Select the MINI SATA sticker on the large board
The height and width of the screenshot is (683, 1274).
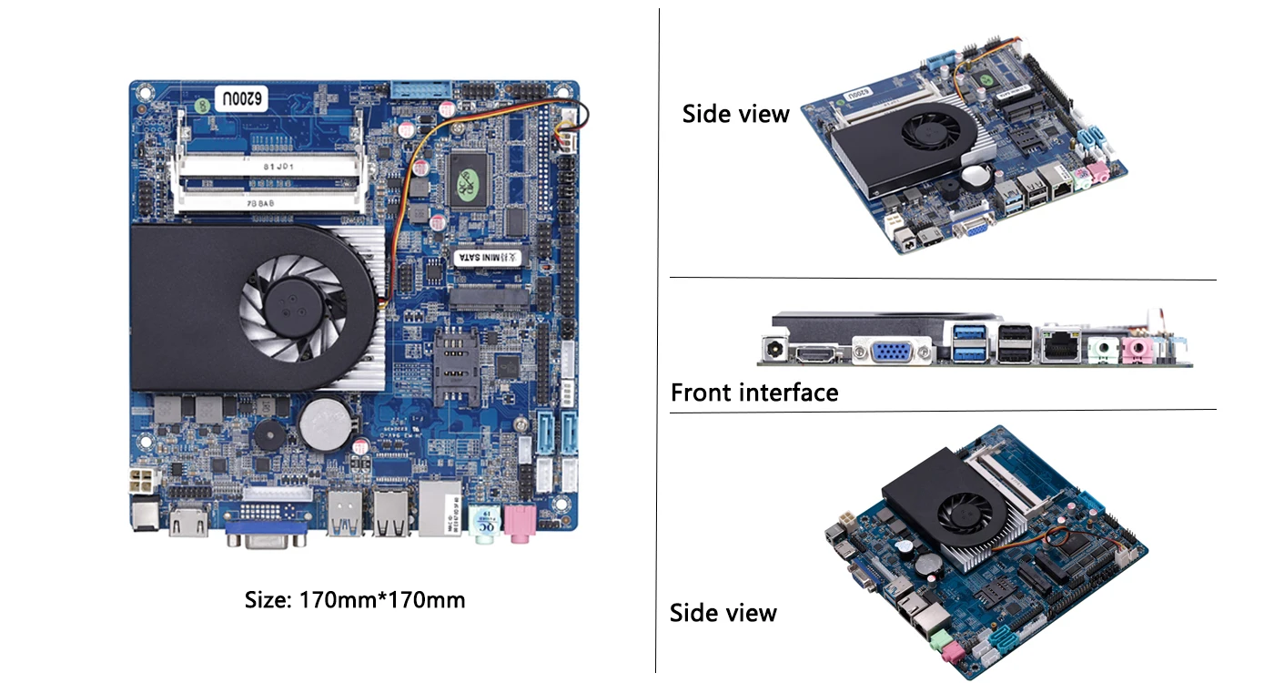490,257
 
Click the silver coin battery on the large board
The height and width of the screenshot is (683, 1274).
328,426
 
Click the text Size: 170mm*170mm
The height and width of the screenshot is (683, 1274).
355,600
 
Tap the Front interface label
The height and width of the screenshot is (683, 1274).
754,392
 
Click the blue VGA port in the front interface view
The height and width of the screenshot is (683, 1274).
892,351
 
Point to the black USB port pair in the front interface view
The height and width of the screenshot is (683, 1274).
1015,344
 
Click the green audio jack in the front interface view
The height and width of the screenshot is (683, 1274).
1104,347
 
